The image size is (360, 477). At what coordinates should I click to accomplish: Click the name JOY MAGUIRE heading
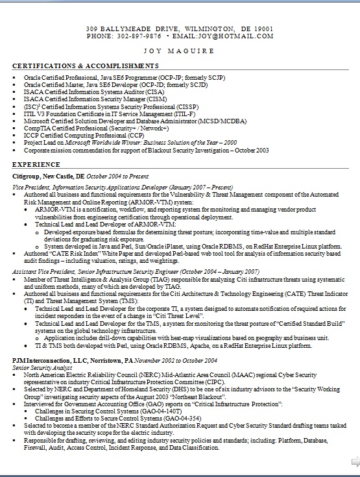click(180, 51)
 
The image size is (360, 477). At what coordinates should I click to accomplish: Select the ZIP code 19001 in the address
click(263, 29)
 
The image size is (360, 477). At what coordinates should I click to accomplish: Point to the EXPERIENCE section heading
click(36, 165)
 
